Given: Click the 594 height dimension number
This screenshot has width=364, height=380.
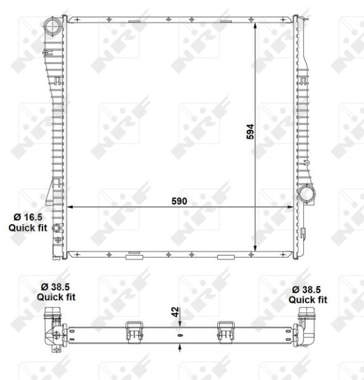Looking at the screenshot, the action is (x=250, y=132).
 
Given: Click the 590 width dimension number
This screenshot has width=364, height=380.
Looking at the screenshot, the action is (x=179, y=201).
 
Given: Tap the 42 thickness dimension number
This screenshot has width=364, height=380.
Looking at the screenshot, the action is (x=175, y=312).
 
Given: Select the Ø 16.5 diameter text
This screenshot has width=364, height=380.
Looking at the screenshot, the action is (x=28, y=217).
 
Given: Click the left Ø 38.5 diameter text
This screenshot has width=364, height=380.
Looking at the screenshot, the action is (x=56, y=287).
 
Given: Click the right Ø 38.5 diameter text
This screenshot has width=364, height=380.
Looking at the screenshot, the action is (x=306, y=289).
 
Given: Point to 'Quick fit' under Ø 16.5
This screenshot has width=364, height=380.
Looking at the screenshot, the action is (x=28, y=228).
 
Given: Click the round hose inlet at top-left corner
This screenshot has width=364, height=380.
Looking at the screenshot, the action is (x=53, y=26).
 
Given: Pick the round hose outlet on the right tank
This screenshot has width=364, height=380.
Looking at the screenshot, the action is (x=306, y=194).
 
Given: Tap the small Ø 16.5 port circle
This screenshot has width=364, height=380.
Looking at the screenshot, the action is (x=58, y=228).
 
